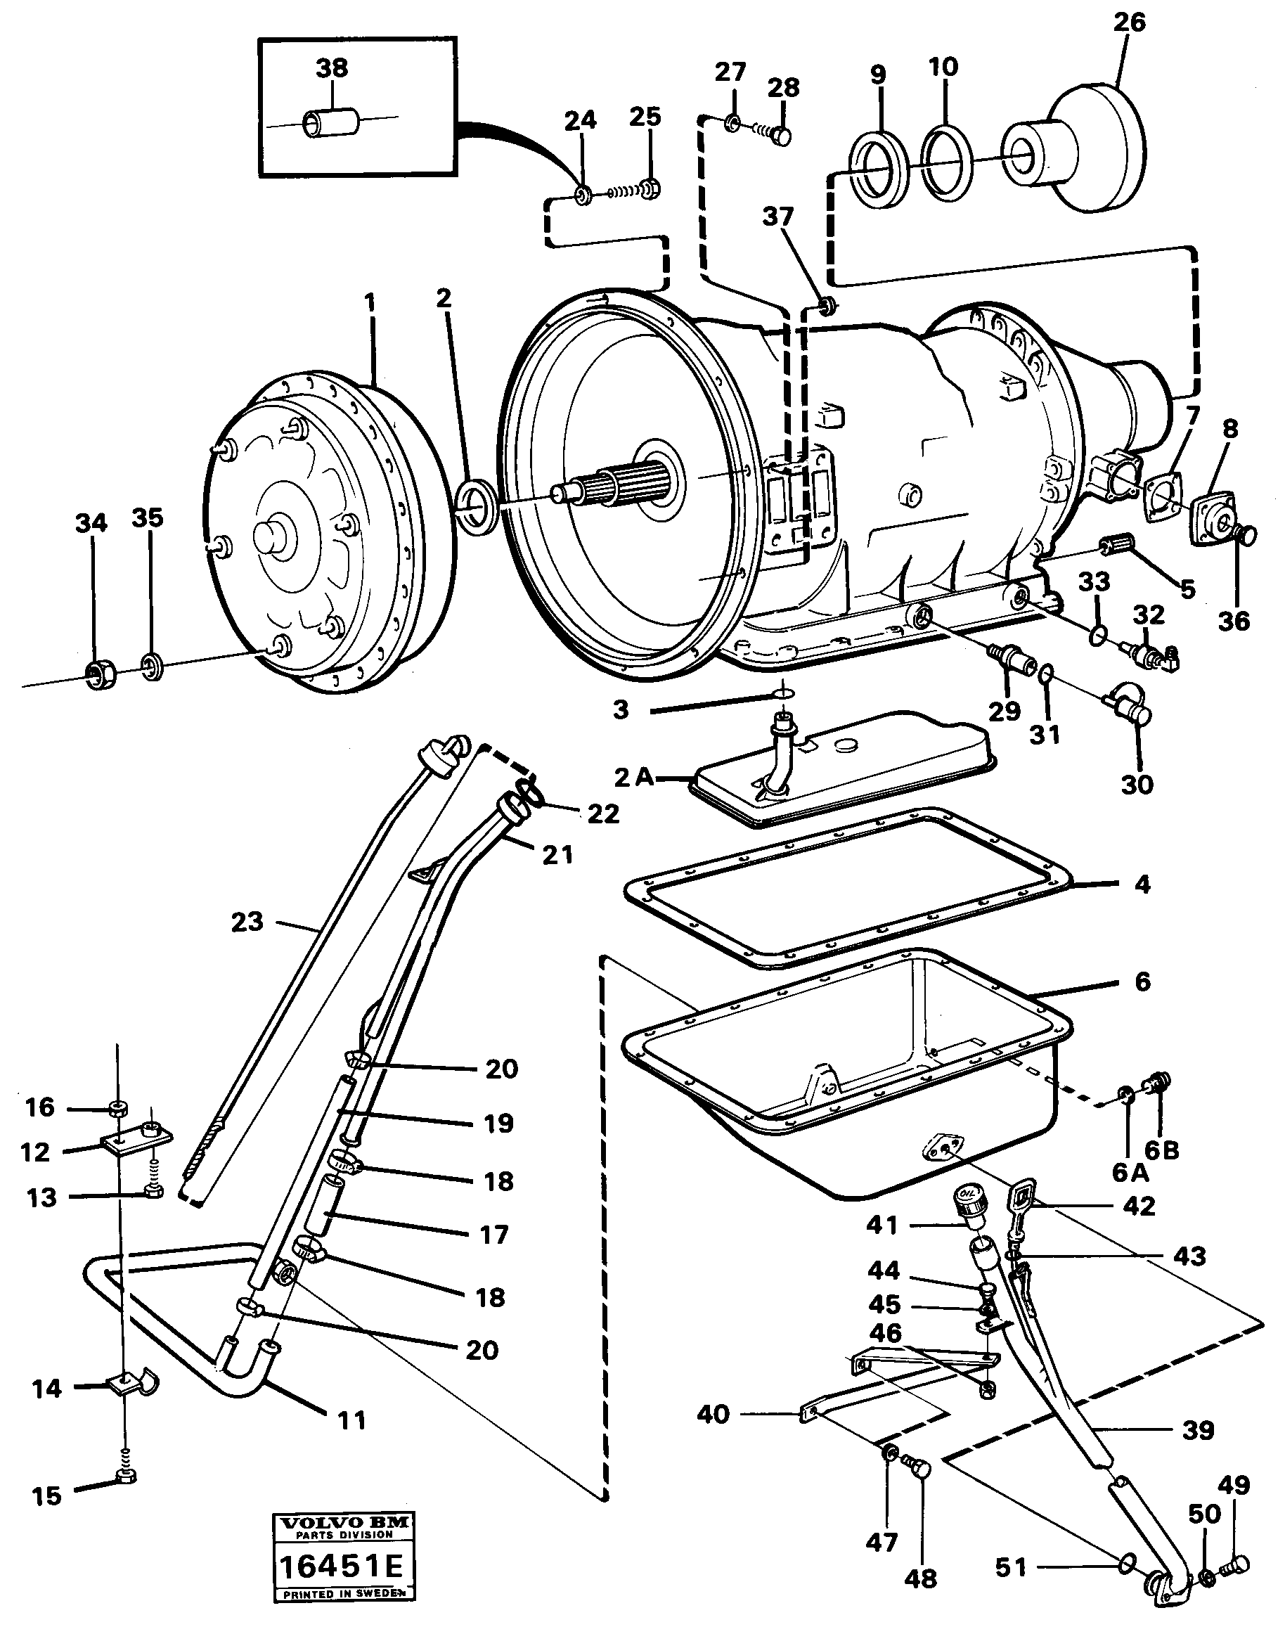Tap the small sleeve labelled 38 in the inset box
pos(332,122)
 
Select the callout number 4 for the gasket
pos(1142,884)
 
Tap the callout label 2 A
pos(635,777)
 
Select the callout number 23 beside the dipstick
pos(247,922)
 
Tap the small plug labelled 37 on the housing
pos(826,304)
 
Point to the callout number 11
pos(351,1420)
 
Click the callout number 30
pos(1137,785)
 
